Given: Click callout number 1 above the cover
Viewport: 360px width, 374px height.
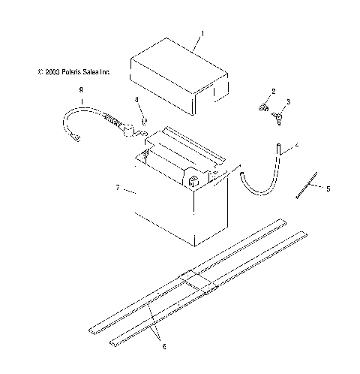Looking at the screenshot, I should tap(201, 34).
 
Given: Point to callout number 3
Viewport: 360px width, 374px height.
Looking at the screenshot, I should tap(288, 101).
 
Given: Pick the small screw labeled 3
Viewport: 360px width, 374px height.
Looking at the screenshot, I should tap(277, 116).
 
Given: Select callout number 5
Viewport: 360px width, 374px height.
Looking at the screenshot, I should tap(327, 189).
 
